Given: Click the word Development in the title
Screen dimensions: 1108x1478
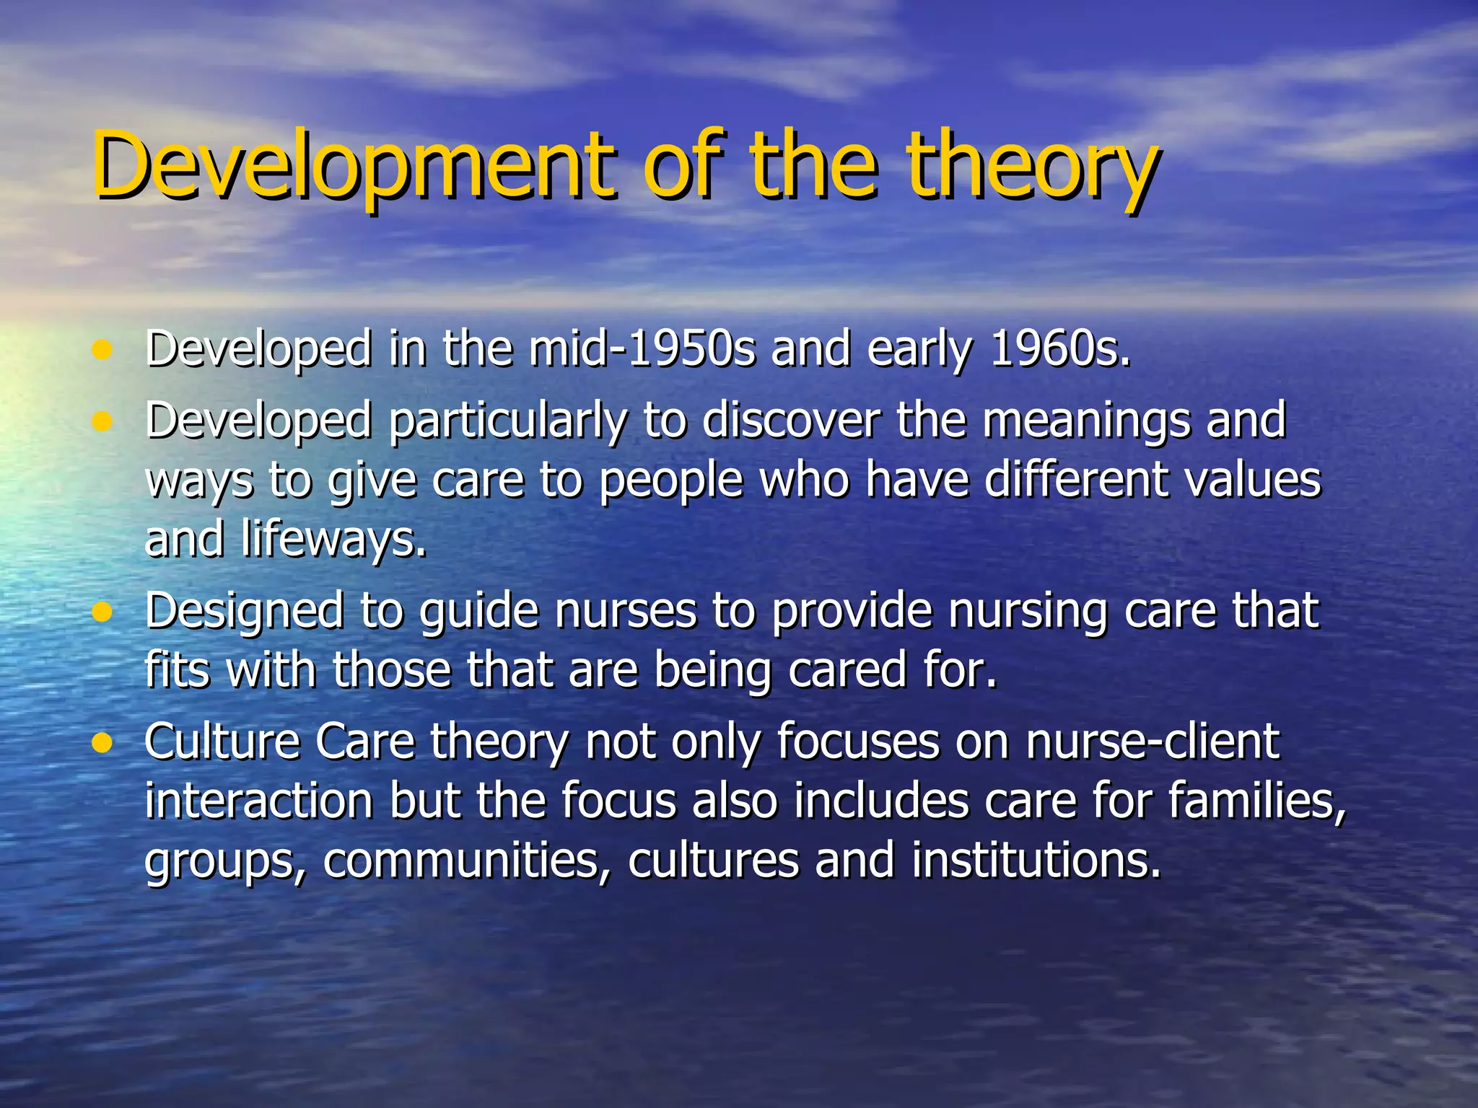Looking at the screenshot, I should pyautogui.click(x=354, y=167).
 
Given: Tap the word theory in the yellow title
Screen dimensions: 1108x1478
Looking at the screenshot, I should pyautogui.click(x=1032, y=167).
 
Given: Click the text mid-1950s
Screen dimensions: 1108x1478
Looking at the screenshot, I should pyautogui.click(x=642, y=349).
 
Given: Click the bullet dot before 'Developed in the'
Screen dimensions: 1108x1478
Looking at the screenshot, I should pyautogui.click(x=102, y=351).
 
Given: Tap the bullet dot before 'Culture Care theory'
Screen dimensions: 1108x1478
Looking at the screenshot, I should pyautogui.click(x=102, y=743).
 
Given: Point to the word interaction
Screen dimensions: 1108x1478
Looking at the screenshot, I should pyautogui.click(x=258, y=801).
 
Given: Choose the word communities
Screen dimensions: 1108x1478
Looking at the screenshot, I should pyautogui.click(x=462, y=861).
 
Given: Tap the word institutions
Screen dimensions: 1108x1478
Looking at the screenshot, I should pyautogui.click(x=1036, y=861).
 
